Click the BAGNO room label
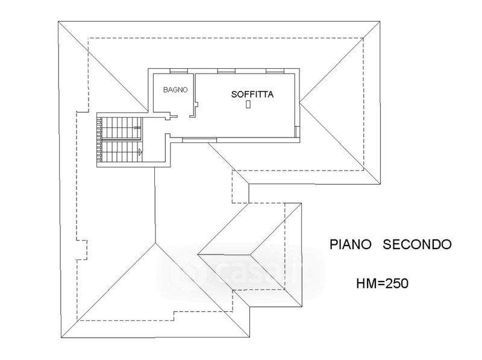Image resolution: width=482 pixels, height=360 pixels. tap(176, 89)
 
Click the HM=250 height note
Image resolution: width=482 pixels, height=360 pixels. tap(382, 282)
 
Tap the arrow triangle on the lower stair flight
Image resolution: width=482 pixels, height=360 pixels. tap(140, 152)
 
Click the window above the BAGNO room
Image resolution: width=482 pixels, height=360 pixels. tap(179, 71)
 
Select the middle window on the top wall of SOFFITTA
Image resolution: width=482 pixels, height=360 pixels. tap(227, 71)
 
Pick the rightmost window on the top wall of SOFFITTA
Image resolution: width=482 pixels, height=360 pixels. tap(274, 71)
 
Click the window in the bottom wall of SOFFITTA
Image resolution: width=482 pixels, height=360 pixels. tap(199, 139)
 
